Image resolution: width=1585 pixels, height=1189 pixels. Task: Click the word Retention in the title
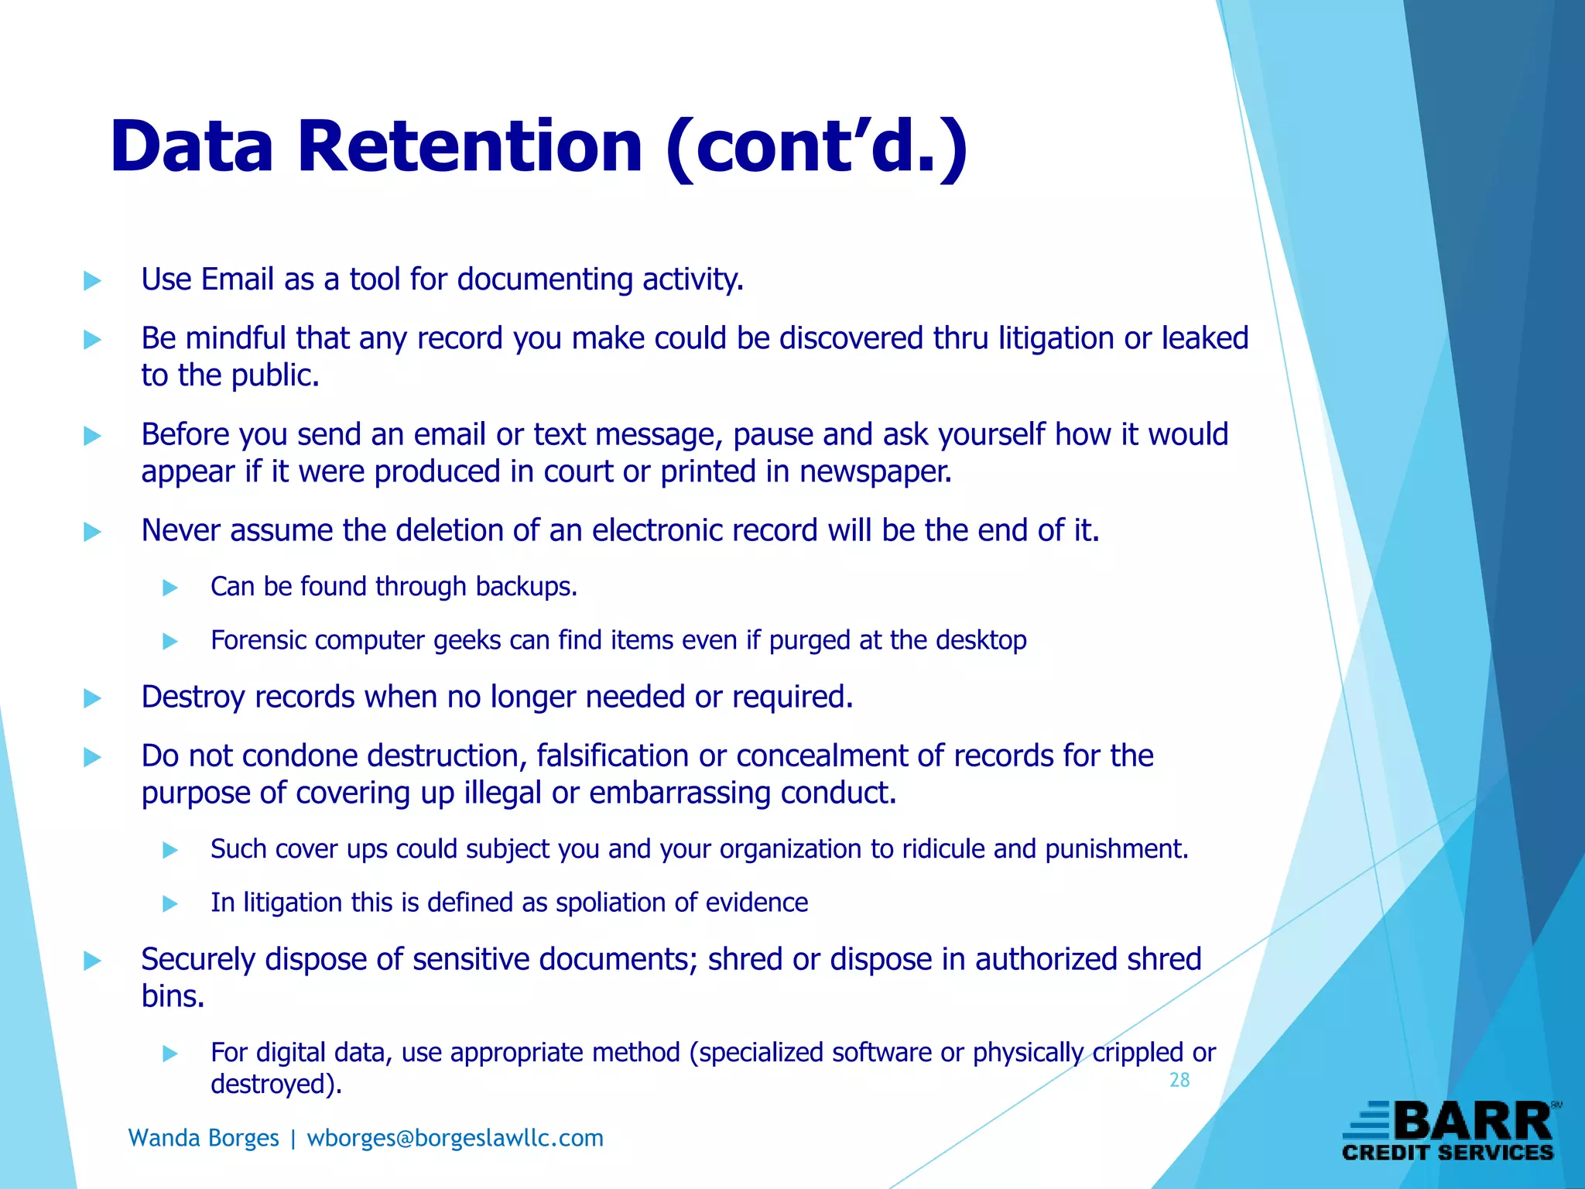click(x=469, y=147)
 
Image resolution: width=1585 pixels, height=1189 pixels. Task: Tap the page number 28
click(x=1179, y=1080)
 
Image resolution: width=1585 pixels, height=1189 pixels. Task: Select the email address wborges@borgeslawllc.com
click(x=455, y=1138)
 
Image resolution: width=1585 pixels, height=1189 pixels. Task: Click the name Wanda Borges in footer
click(x=204, y=1138)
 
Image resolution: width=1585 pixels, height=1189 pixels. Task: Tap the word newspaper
click(x=875, y=471)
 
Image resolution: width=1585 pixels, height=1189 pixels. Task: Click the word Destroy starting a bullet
click(x=193, y=697)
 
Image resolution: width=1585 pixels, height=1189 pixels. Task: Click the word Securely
click(x=198, y=960)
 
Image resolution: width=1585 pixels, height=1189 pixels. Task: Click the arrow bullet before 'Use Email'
click(x=92, y=281)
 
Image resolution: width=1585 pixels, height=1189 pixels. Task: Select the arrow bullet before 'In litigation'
click(x=170, y=904)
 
